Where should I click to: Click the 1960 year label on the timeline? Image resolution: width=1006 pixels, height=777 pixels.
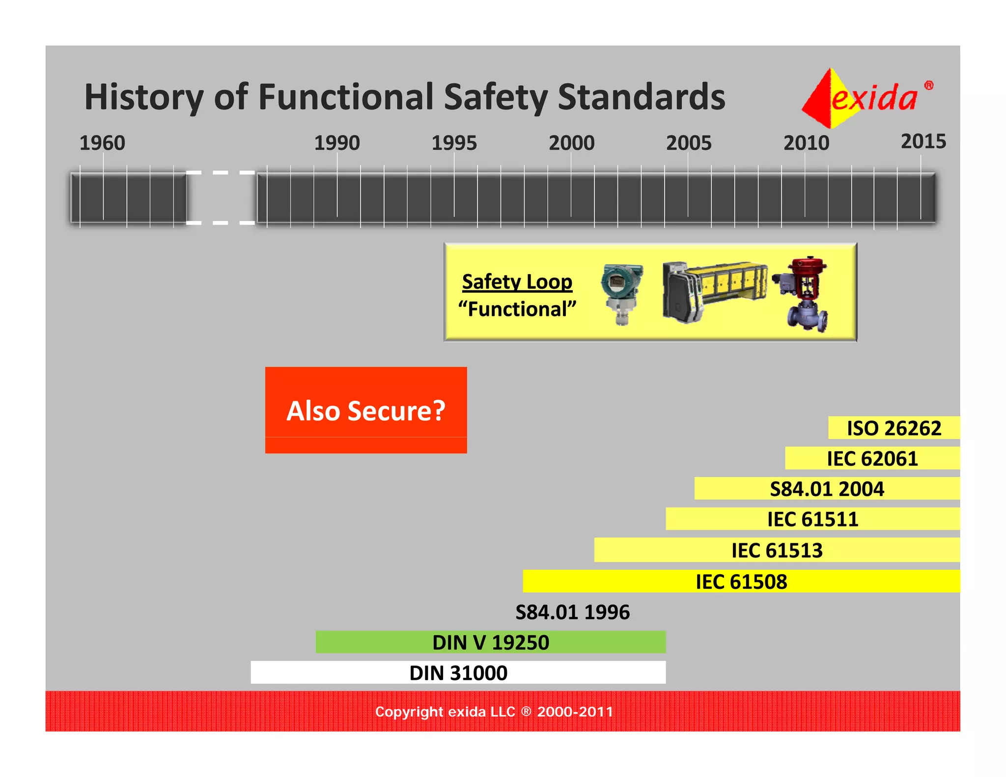(102, 143)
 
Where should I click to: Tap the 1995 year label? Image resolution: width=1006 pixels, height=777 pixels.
(454, 143)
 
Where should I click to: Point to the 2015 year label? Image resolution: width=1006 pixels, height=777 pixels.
(923, 141)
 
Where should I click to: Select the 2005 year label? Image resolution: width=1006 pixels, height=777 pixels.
(688, 143)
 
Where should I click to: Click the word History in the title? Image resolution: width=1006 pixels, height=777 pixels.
(143, 97)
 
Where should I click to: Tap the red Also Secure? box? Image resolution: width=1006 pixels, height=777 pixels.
(366, 410)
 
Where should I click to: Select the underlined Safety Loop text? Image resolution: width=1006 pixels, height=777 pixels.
(517, 282)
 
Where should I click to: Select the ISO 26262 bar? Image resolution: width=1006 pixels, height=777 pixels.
(894, 428)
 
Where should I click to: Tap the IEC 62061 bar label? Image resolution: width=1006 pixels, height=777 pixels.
(872, 458)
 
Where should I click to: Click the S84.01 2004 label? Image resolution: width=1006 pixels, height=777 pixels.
(827, 489)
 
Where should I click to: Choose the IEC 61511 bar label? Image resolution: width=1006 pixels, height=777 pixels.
(812, 519)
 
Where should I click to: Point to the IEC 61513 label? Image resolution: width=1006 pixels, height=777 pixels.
(777, 550)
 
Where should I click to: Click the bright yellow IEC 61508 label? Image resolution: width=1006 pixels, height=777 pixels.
(741, 582)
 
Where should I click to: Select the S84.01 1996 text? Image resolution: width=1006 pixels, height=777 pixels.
(572, 612)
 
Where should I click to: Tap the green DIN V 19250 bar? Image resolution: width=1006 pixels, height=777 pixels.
(490, 642)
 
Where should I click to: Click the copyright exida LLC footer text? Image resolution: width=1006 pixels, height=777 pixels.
(494, 712)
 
